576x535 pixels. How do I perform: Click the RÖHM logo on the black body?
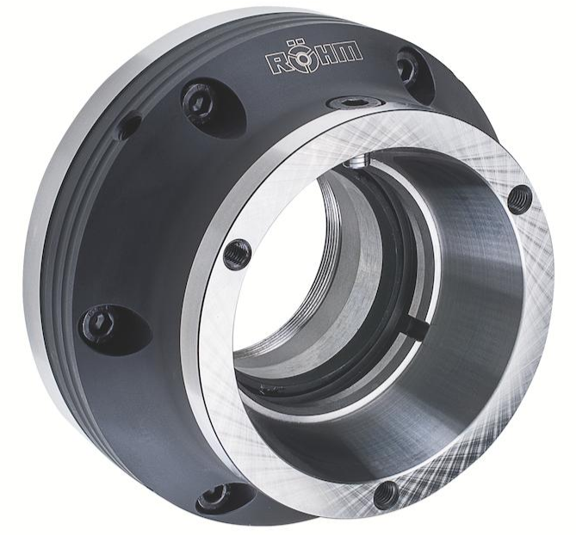(314, 57)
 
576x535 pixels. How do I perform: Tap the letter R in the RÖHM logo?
(277, 63)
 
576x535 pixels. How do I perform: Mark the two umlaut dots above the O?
(295, 42)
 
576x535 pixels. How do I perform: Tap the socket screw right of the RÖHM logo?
(407, 70)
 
